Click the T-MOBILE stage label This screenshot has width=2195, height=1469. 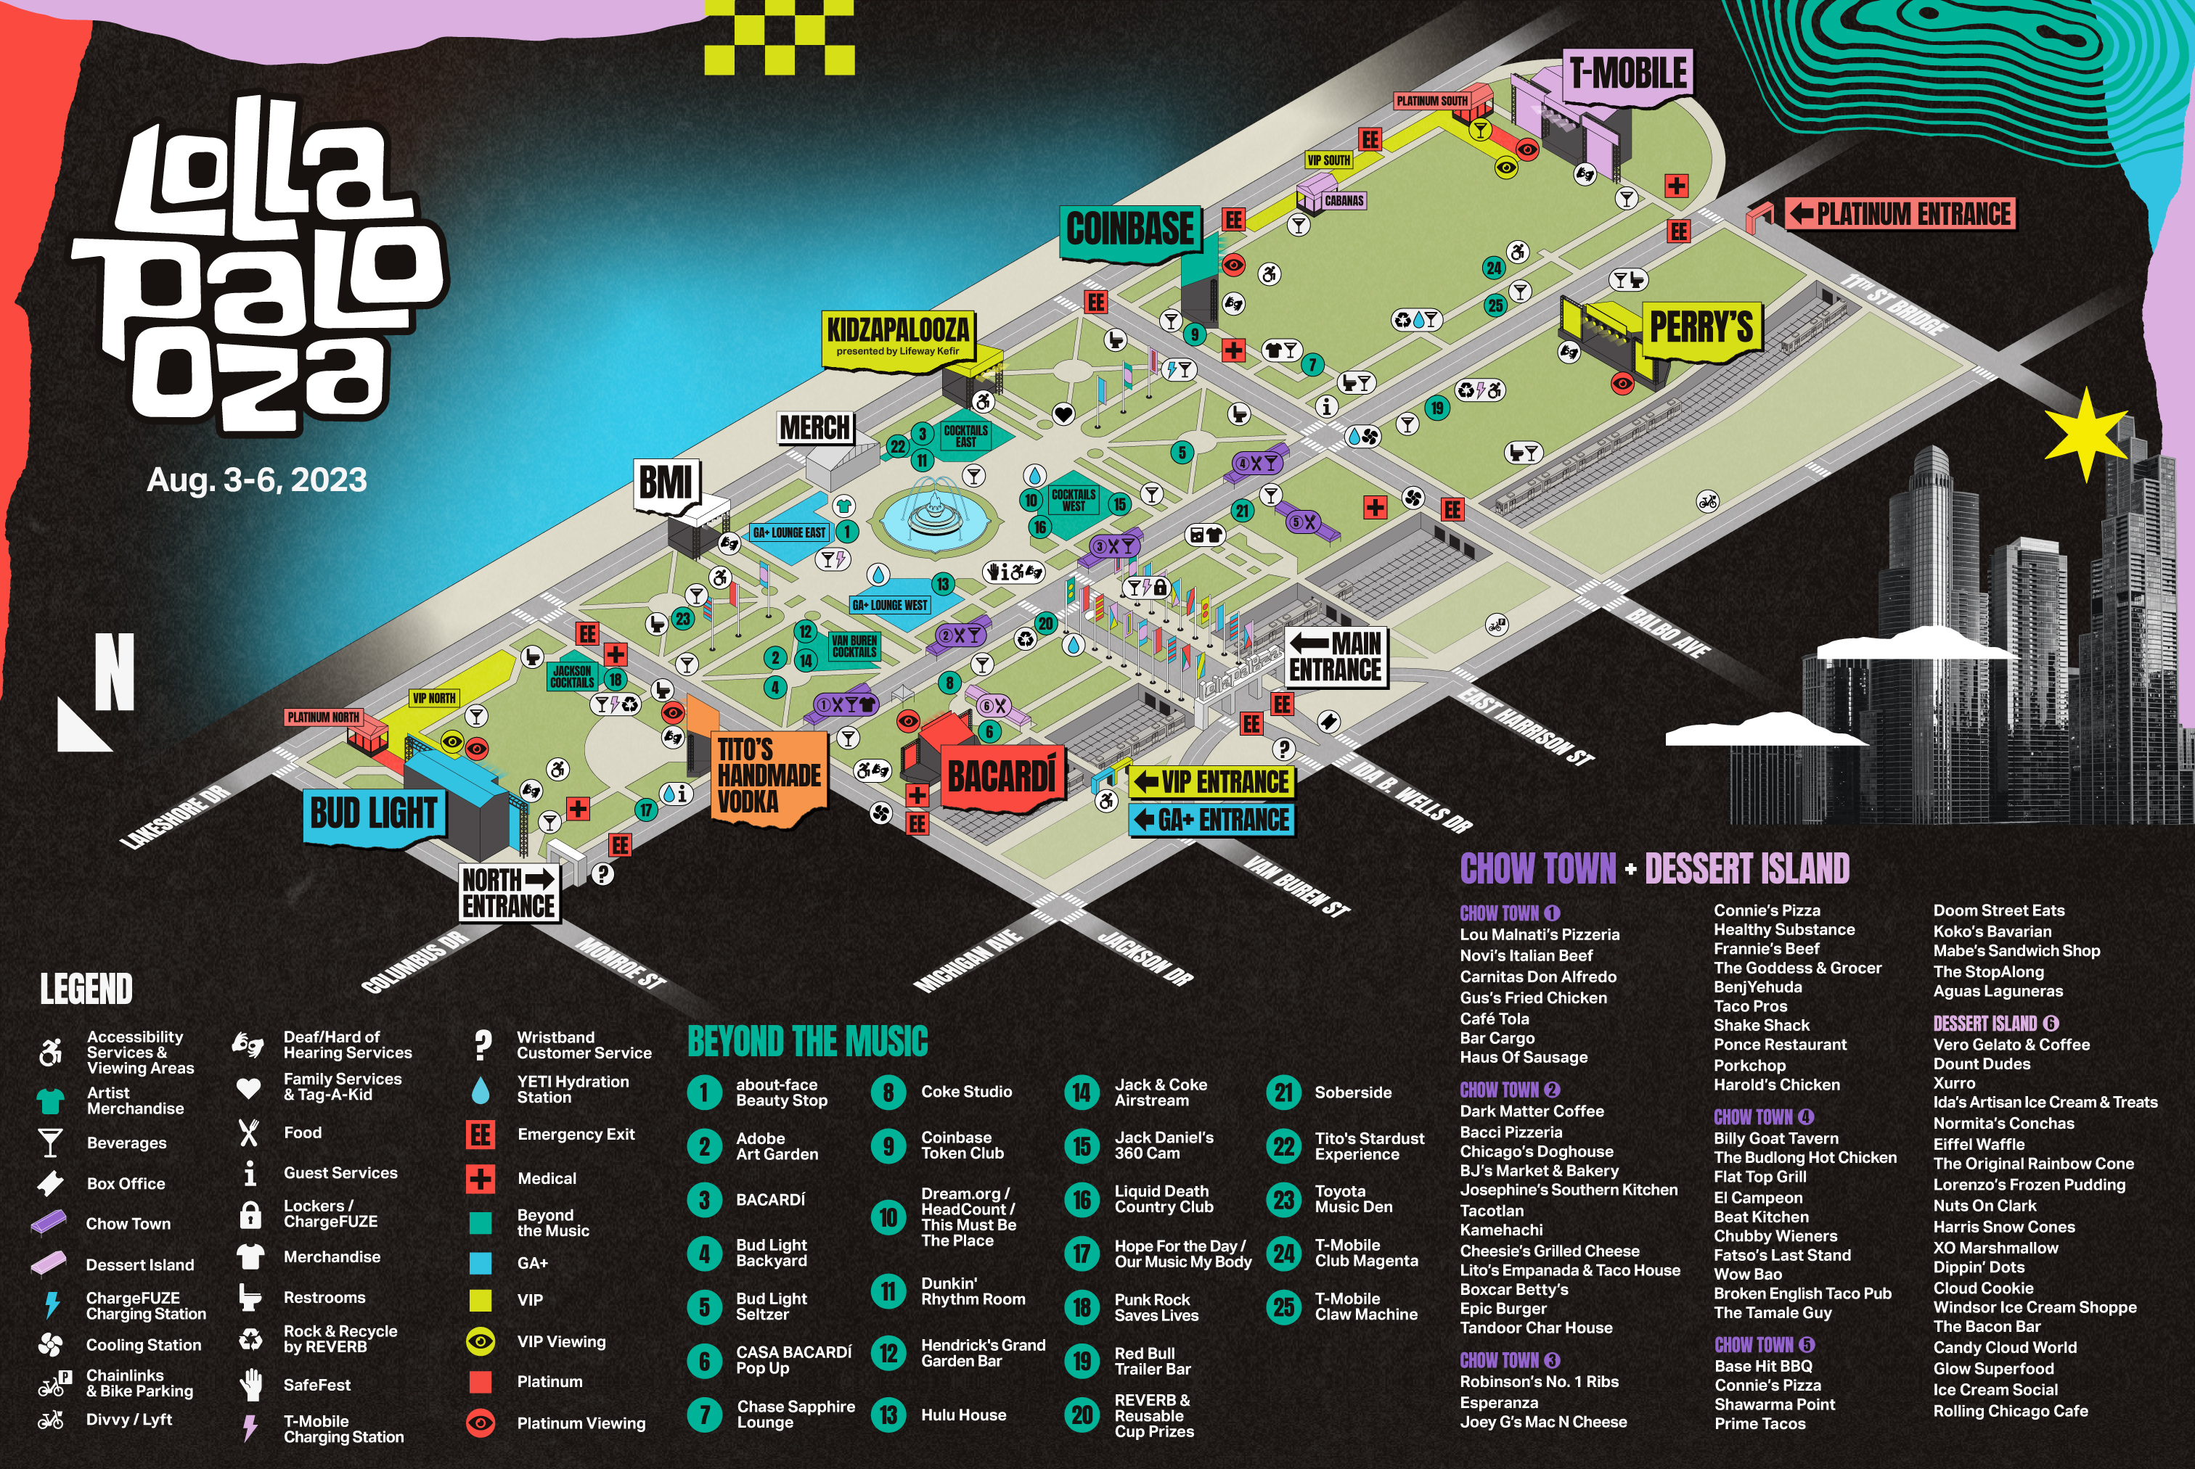(1628, 73)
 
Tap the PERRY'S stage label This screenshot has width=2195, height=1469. (1700, 327)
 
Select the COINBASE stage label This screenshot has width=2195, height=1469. (1129, 229)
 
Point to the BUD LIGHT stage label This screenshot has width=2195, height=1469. (373, 813)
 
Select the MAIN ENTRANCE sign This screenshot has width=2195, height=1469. (1335, 657)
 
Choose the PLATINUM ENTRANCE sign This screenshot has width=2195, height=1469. (1901, 213)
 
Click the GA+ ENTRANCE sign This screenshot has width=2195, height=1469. (1212, 820)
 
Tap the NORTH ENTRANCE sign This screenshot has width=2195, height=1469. (509, 893)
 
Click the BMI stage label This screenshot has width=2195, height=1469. (666, 483)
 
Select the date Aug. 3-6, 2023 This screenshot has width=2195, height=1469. (257, 480)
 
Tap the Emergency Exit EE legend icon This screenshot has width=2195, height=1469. (481, 1135)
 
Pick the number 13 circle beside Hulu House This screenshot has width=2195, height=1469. (888, 1415)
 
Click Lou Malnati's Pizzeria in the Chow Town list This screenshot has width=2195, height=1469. (1539, 934)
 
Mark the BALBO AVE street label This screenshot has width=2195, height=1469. (1667, 633)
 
